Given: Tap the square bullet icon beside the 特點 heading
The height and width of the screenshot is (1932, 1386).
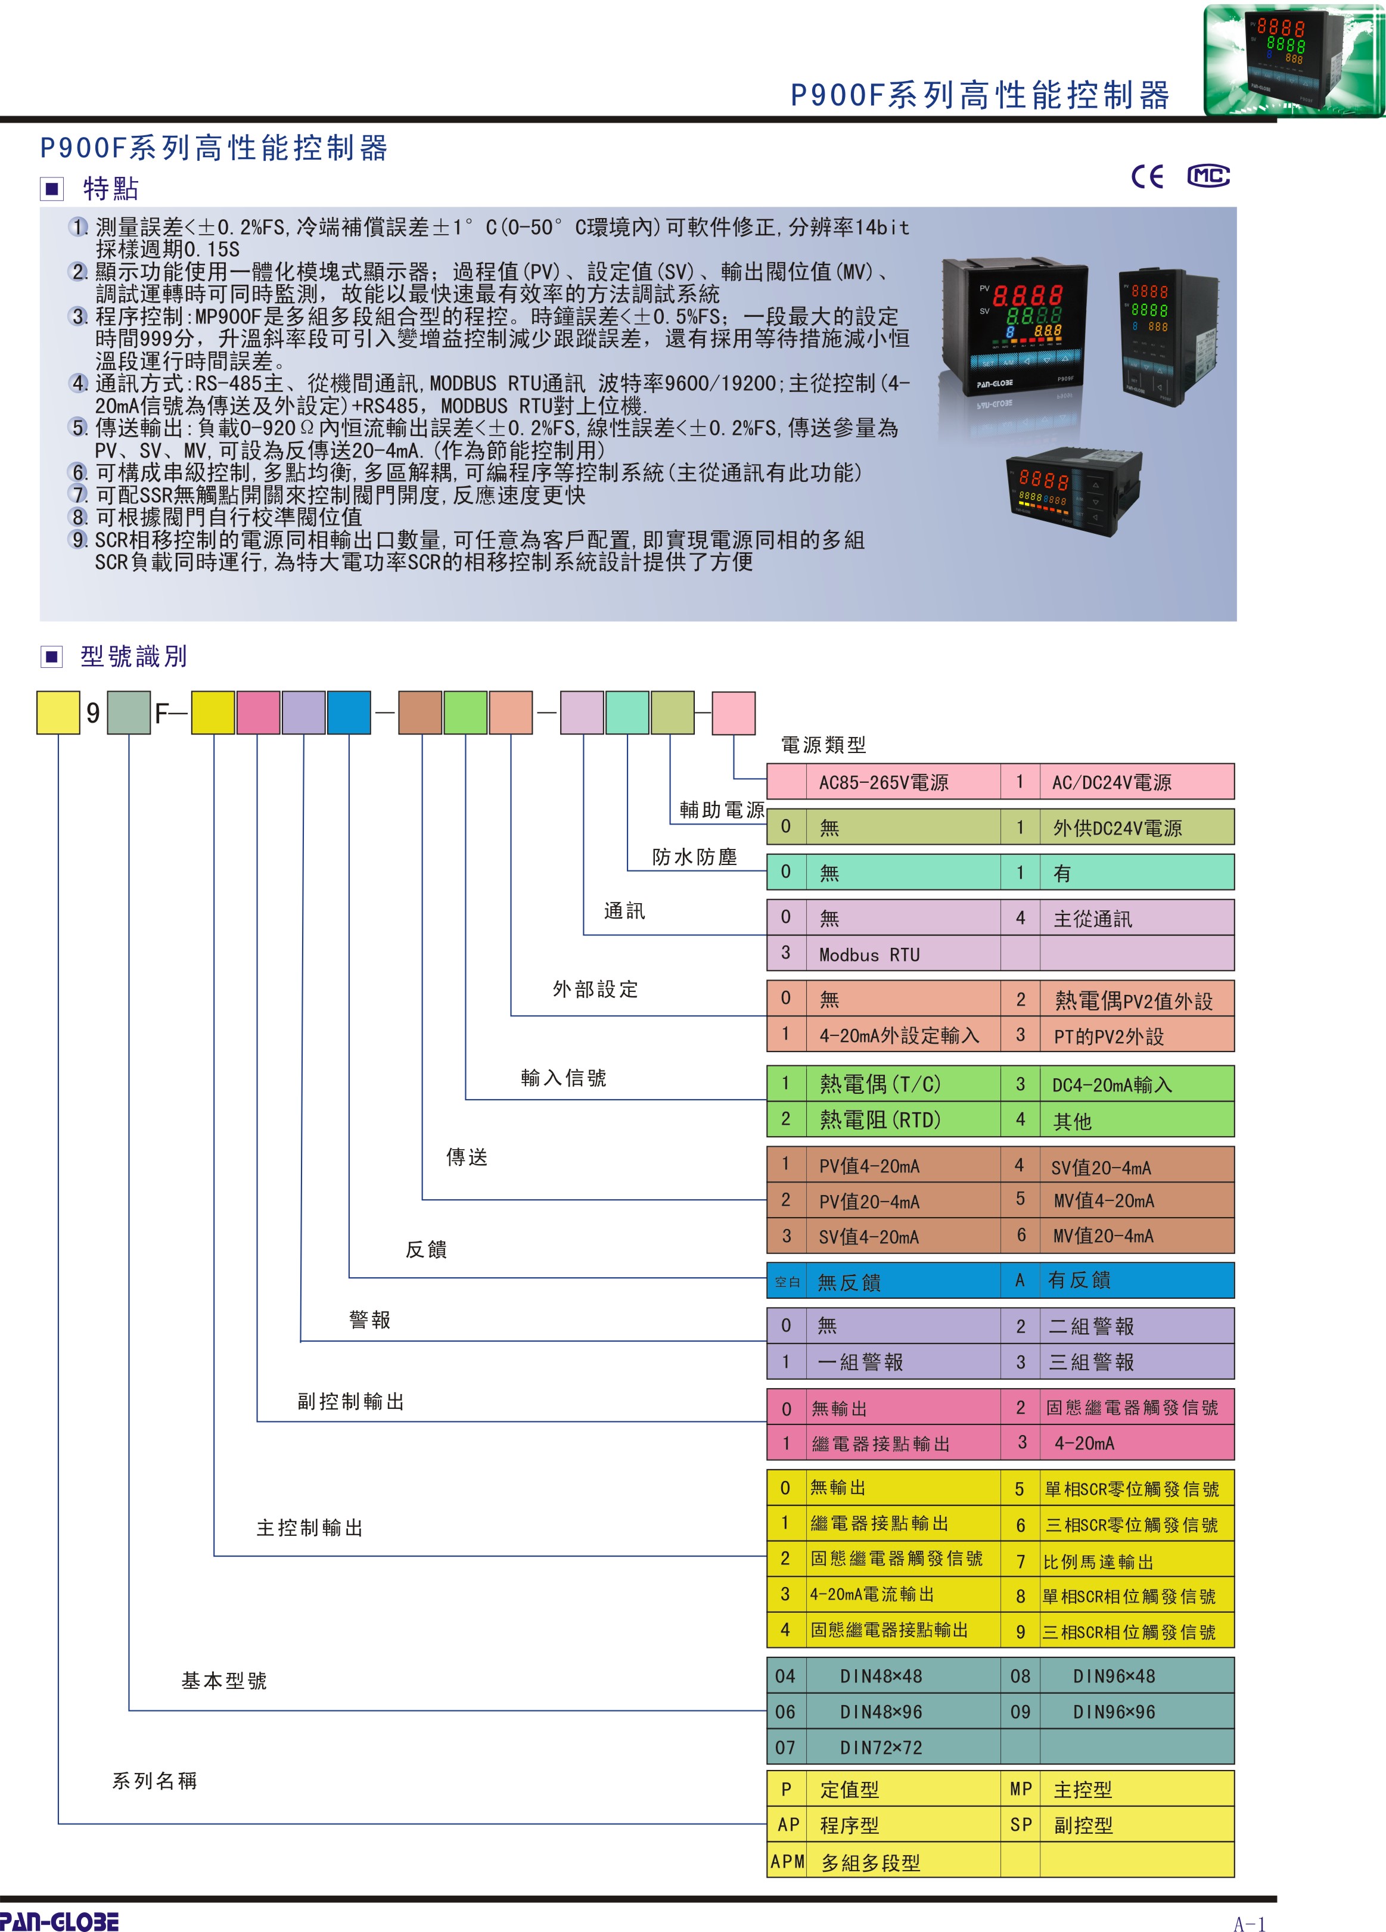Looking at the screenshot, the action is [52, 188].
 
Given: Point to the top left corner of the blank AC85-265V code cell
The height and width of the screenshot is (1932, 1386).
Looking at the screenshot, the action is [767, 764].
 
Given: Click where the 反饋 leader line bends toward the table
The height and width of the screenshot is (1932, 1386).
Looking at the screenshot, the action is [349, 1278].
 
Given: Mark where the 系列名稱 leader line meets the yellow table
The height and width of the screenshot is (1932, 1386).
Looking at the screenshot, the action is [767, 1824].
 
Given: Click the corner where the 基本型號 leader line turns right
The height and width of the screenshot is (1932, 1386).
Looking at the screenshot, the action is [129, 1710].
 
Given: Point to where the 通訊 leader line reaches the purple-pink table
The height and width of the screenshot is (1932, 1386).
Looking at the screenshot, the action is [767, 935].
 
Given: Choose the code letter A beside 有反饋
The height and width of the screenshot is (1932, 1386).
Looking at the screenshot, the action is [1020, 1280].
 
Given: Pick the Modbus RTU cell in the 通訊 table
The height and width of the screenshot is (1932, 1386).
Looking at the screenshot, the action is [903, 953].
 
